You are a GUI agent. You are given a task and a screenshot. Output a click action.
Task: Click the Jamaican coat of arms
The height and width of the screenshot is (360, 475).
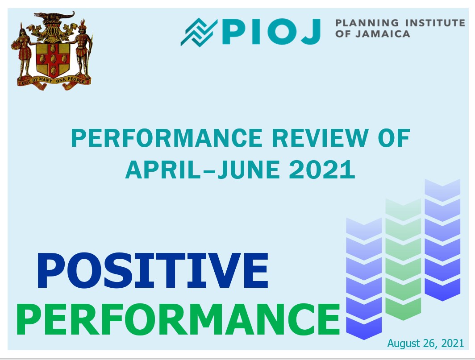point(52,50)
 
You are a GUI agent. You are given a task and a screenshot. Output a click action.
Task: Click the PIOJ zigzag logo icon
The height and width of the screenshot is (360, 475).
point(199,33)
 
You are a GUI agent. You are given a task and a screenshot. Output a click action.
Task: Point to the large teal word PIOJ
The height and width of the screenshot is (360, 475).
point(271,32)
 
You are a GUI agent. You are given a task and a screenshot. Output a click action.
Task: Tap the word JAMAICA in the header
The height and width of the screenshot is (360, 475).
point(383,33)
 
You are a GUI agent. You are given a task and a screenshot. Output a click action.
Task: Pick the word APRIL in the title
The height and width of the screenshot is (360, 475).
point(162,170)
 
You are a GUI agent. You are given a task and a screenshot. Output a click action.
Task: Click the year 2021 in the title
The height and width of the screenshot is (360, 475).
point(322,170)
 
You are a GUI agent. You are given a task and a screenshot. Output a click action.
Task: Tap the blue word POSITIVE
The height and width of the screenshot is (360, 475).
point(153,270)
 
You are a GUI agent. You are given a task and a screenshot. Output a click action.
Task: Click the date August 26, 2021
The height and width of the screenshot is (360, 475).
point(425,343)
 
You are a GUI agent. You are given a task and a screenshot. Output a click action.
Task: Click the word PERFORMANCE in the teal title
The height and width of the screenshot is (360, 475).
point(167,138)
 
